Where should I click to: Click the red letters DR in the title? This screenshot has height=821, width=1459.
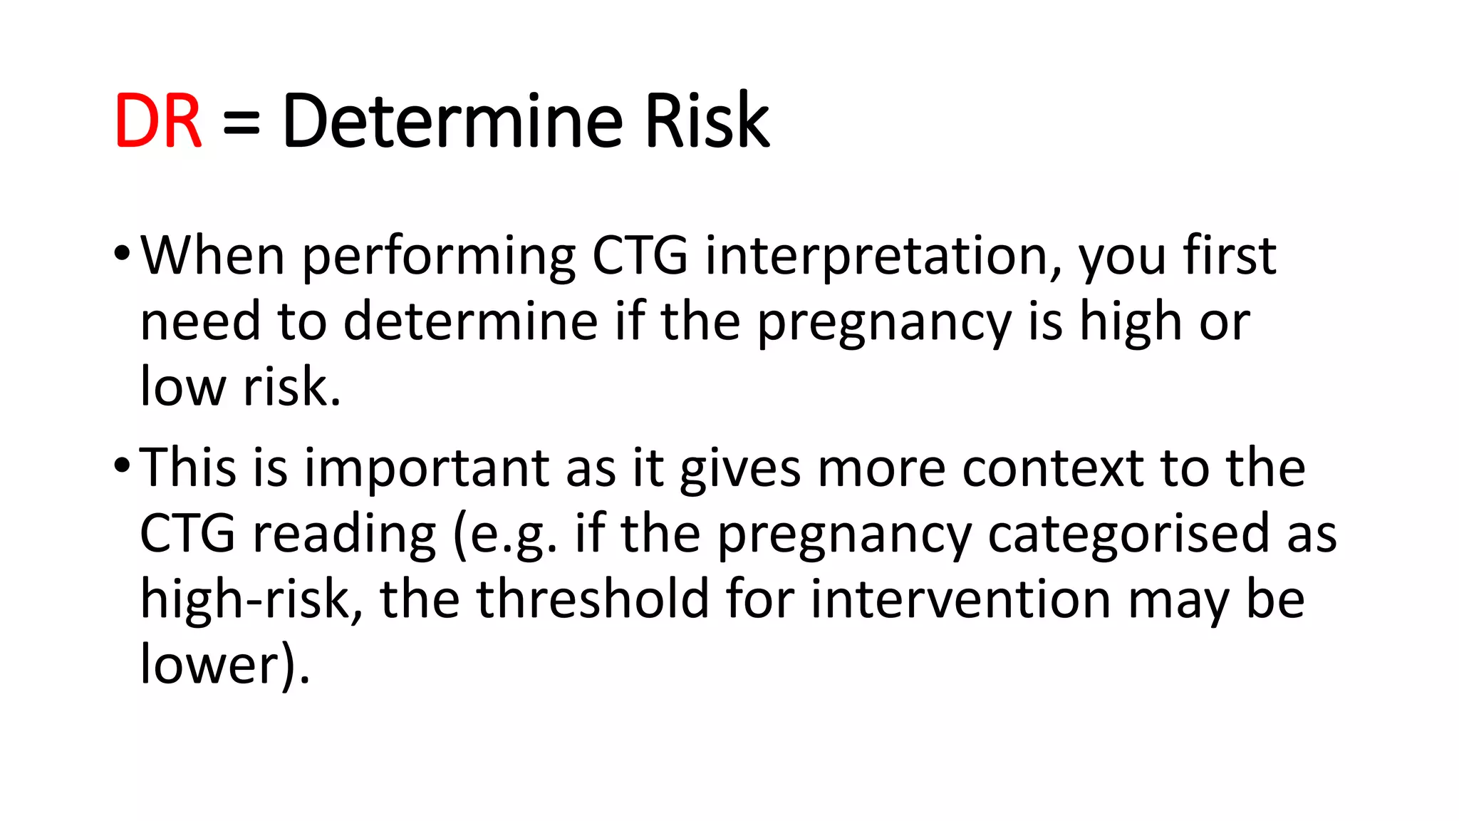click(x=158, y=121)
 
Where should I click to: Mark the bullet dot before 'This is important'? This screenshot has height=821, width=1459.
click(x=122, y=466)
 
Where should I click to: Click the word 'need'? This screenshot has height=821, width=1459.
click(x=200, y=321)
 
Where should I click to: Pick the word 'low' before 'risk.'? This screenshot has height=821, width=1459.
click(x=182, y=387)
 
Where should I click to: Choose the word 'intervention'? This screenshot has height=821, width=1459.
click(x=961, y=599)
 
